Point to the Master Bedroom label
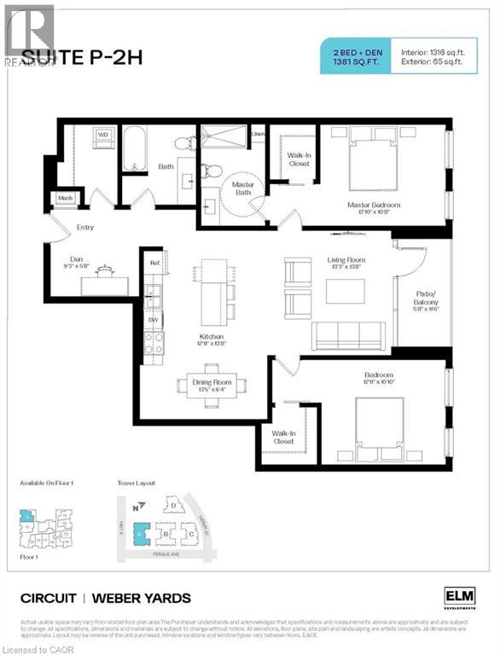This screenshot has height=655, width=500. pyautogui.click(x=373, y=205)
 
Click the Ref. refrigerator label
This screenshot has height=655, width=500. pyautogui.click(x=154, y=264)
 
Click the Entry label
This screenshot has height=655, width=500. pyautogui.click(x=85, y=228)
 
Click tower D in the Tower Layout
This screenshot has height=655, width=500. pyautogui.click(x=174, y=506)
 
